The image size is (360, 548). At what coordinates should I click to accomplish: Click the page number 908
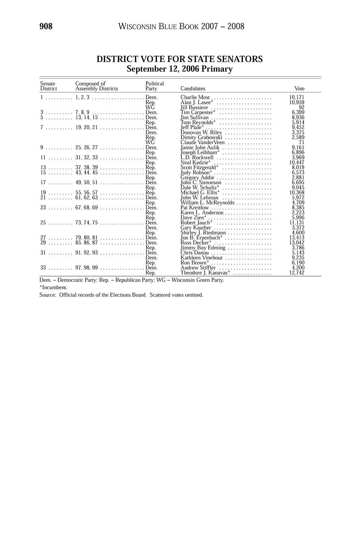pyautogui.click(x=46, y=27)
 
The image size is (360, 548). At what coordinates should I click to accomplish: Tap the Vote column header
pyautogui.click(x=299, y=89)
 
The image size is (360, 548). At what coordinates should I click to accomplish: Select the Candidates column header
pyautogui.click(x=193, y=89)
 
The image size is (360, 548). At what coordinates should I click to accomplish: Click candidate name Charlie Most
pyautogui.click(x=195, y=97)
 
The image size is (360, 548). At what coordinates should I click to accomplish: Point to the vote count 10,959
pyautogui.click(x=297, y=102)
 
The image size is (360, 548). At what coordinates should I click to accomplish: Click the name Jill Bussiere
pyautogui.click(x=194, y=107)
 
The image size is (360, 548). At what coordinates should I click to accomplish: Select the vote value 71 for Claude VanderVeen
pyautogui.click(x=301, y=142)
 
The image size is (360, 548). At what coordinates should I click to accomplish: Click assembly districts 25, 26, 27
pyautogui.click(x=87, y=147)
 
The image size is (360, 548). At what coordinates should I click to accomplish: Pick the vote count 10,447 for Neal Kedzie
pyautogui.click(x=297, y=162)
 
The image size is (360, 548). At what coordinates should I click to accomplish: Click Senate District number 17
pyautogui.click(x=43, y=183)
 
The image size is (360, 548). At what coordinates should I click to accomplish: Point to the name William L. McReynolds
pyautogui.click(x=207, y=203)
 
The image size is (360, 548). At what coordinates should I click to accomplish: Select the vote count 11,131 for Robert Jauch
pyautogui.click(x=297, y=223)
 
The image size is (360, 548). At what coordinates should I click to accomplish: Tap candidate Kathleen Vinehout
pyautogui.click(x=201, y=258)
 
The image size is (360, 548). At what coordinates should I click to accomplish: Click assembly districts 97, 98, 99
pyautogui.click(x=87, y=268)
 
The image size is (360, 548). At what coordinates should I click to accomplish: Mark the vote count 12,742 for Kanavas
pyautogui.click(x=297, y=273)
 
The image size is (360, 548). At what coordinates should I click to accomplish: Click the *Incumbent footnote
pyautogui.click(x=53, y=287)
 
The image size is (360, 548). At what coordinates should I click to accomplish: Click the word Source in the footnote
pyautogui.click(x=47, y=295)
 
